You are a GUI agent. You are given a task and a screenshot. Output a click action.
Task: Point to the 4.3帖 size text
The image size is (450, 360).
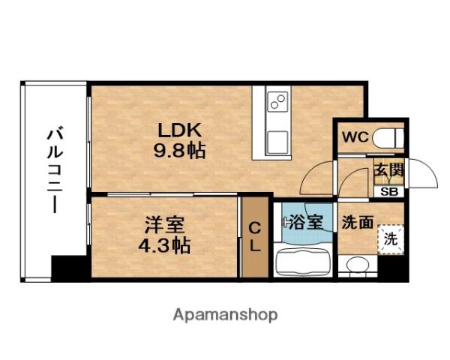pyautogui.click(x=163, y=244)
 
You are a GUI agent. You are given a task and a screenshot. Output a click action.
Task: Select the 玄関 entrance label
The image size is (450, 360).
pyautogui.click(x=388, y=171)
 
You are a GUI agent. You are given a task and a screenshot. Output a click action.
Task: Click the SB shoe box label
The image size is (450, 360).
pyautogui.click(x=390, y=190)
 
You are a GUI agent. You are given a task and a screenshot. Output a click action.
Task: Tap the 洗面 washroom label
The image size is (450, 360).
pyautogui.click(x=357, y=223)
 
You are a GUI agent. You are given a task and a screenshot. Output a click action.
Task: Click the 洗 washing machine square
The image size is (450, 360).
pyautogui.click(x=390, y=240)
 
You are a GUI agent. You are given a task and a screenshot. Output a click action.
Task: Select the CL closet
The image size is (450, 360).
pyautogui.click(x=253, y=236)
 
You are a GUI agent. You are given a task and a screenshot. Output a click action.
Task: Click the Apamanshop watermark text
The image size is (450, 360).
pyautogui.click(x=226, y=314)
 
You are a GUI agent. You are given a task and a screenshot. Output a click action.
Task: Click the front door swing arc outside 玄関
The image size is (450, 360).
pyautogui.click(x=424, y=174)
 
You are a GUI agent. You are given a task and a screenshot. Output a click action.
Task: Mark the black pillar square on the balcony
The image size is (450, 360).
pyautogui.click(x=69, y=268)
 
